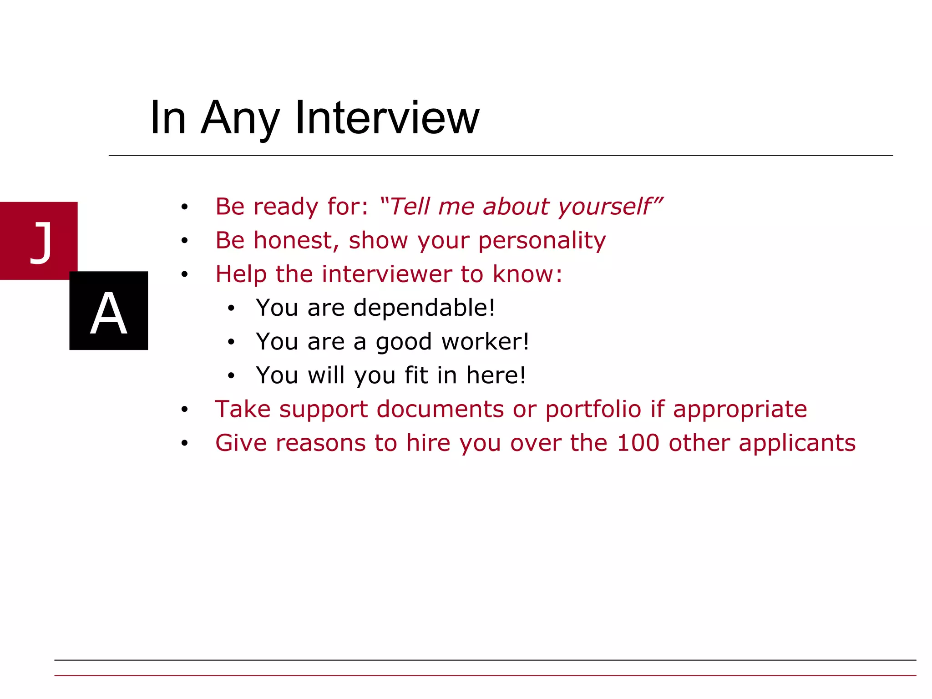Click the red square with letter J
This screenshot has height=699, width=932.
coord(39,241)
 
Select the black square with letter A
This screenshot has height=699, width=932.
coord(108,311)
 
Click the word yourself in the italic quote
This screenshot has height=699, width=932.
coord(605,207)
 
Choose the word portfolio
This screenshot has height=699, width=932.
coord(593,409)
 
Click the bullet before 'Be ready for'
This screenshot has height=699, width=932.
coord(184,207)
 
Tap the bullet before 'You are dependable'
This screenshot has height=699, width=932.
coord(231,309)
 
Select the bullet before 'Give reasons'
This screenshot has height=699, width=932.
coord(184,443)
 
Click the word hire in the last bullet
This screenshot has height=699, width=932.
coord(428,443)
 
